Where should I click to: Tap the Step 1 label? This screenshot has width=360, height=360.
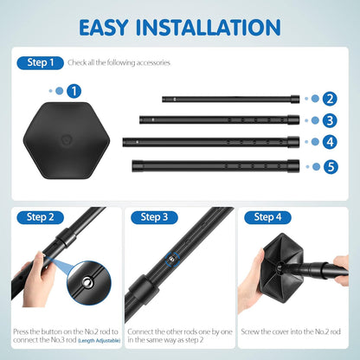(x=40, y=62)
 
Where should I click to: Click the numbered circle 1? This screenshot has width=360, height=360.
(x=74, y=90)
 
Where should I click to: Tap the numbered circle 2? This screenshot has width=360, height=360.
(x=330, y=99)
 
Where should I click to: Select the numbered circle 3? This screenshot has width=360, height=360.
(x=330, y=120)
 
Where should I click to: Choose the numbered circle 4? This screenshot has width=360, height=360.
(x=330, y=142)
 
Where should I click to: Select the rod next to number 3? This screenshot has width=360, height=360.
(x=220, y=120)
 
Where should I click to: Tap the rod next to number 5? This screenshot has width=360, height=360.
(x=216, y=164)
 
